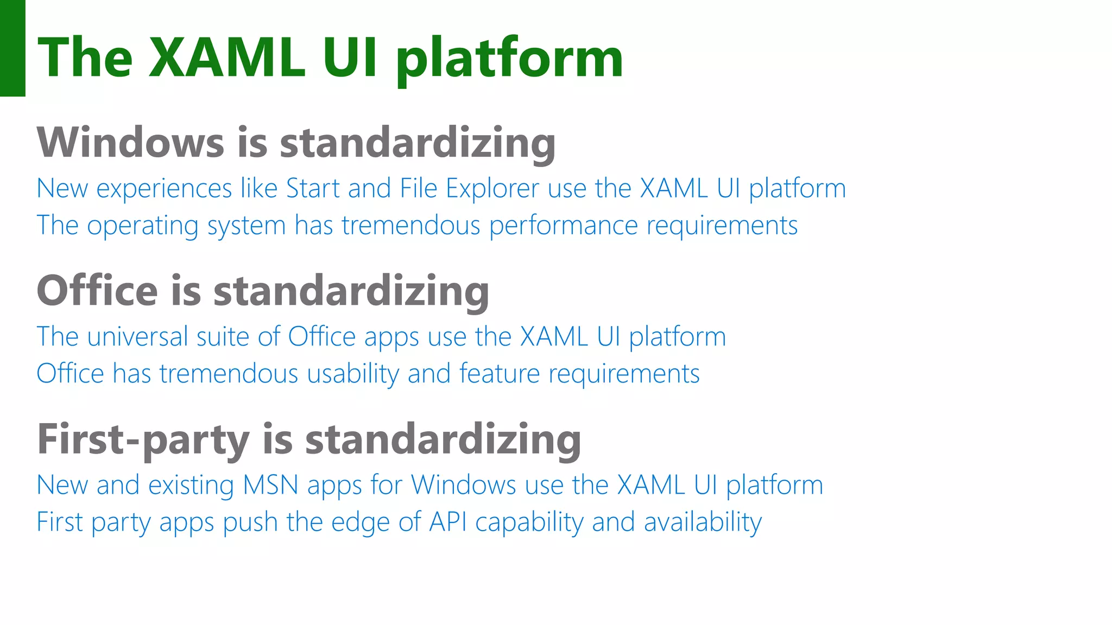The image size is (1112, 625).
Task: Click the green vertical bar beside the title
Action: tap(12, 48)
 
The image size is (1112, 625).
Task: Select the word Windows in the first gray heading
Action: tap(130, 143)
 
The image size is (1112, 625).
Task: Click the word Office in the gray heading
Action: tap(97, 291)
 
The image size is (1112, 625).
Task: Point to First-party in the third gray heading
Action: tap(143, 439)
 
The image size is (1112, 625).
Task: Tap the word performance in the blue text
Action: tap(563, 226)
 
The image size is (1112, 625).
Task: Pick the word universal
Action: tap(137, 337)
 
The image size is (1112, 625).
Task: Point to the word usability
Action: tap(353, 374)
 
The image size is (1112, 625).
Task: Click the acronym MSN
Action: tap(270, 485)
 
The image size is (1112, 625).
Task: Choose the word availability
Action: tap(703, 522)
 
